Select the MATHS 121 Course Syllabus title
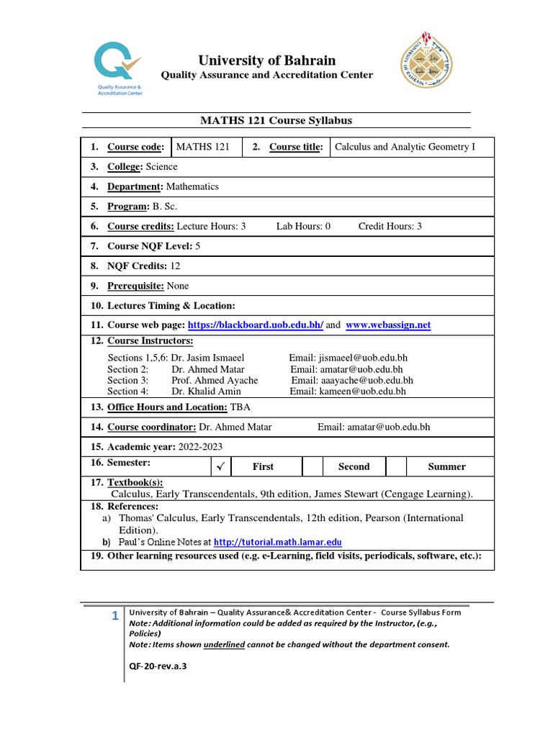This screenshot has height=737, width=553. click(276, 121)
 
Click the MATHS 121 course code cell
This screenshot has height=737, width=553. click(203, 147)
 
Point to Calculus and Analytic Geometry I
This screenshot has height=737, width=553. click(405, 147)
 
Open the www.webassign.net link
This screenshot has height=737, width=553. click(388, 325)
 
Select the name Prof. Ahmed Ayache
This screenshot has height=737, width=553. click(215, 380)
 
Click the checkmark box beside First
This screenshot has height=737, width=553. click(222, 466)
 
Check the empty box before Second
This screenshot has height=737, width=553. click(313, 466)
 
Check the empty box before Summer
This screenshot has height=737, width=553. click(396, 466)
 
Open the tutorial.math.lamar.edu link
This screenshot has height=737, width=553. click(278, 542)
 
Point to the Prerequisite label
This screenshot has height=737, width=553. click(135, 286)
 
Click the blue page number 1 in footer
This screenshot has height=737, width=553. click(114, 615)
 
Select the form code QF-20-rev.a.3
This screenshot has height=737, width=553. click(158, 666)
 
